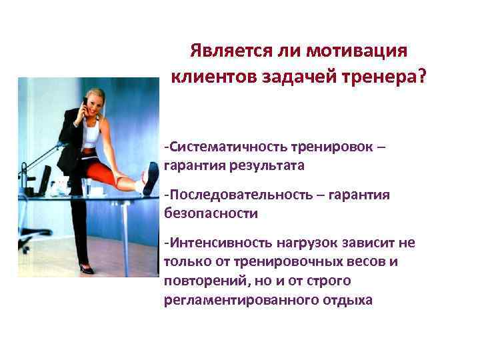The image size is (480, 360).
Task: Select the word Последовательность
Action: pyautogui.click(x=236, y=195)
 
